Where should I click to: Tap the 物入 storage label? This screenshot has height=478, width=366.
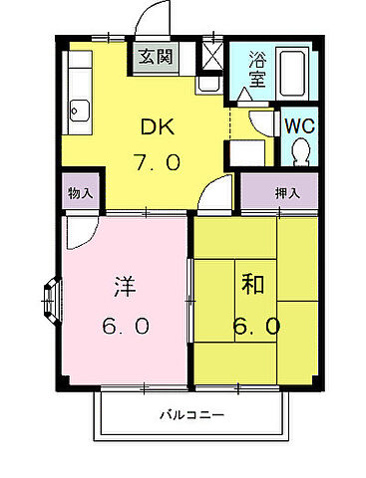coord(81,192)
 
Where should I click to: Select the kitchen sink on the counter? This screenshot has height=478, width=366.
coord(79,109)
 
